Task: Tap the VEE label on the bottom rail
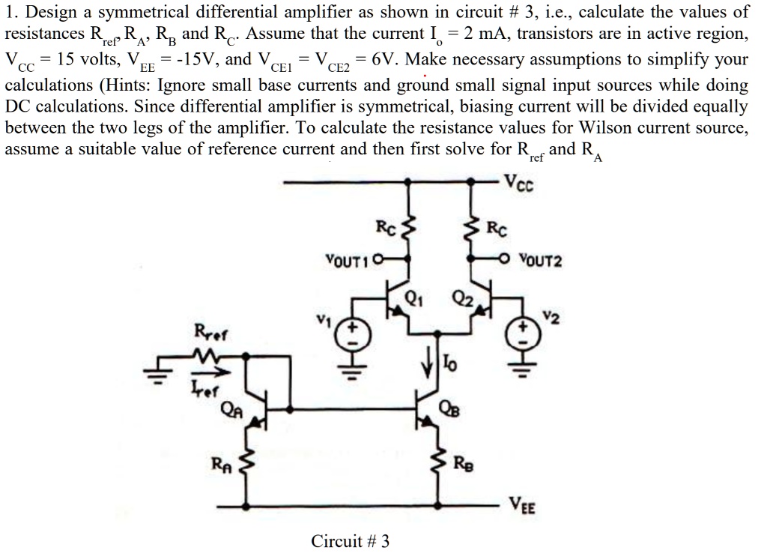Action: pyautogui.click(x=523, y=505)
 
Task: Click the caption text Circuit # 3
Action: pyautogui.click(x=351, y=540)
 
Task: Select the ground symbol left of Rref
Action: pyautogui.click(x=158, y=377)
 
